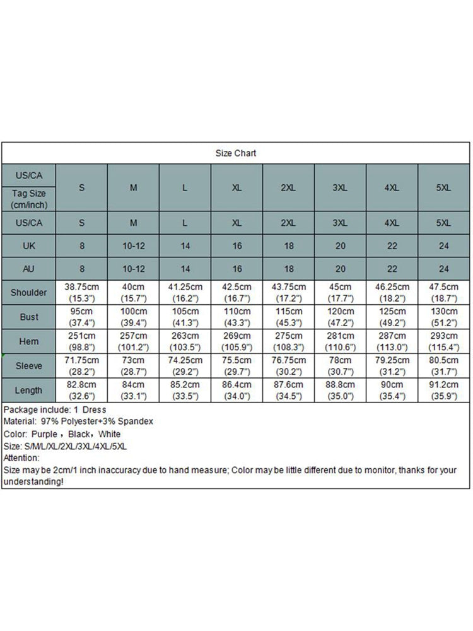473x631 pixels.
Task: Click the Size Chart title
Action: (236, 153)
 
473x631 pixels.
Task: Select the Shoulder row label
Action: (28, 293)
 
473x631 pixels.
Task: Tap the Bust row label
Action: (28, 317)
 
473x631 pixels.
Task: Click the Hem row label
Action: (28, 341)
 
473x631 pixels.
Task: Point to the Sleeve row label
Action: (28, 366)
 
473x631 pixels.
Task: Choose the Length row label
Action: (28, 390)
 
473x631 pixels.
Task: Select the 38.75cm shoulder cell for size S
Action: (81, 292)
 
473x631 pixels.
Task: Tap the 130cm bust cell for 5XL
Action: (444, 317)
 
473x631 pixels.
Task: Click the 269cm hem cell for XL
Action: (237, 341)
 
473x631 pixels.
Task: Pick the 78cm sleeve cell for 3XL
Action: (340, 366)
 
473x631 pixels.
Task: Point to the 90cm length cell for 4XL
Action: (392, 390)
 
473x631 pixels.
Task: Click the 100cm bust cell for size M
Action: (133, 317)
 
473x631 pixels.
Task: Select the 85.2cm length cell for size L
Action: (185, 390)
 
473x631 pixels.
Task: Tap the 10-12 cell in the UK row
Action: (133, 246)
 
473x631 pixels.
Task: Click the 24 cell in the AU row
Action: (444, 269)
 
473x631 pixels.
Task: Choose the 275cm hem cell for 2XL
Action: (288, 341)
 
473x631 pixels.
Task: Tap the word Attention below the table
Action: (21, 458)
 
